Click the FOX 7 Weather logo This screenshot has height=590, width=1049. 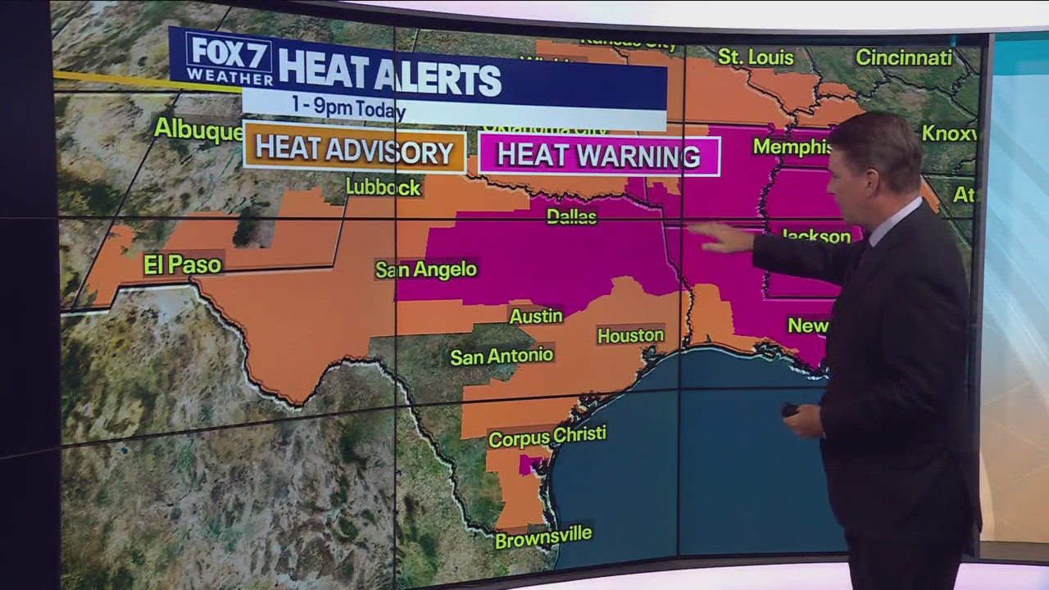pyautogui.click(x=229, y=59)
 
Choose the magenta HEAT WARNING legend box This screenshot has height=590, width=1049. pyautogui.click(x=598, y=156)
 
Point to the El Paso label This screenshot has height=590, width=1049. pyautogui.click(x=182, y=265)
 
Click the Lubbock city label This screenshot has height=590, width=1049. pyautogui.click(x=383, y=187)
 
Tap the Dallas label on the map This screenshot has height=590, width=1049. pyautogui.click(x=571, y=216)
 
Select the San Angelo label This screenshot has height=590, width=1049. pyautogui.click(x=425, y=269)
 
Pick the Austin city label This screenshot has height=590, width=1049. pyautogui.click(x=536, y=315)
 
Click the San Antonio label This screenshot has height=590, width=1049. pyautogui.click(x=502, y=356)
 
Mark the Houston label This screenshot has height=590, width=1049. pyautogui.click(x=630, y=335)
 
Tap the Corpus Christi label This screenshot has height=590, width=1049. pyautogui.click(x=547, y=436)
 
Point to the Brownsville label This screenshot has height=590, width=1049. pyautogui.click(x=543, y=537)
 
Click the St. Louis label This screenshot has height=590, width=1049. pyautogui.click(x=755, y=57)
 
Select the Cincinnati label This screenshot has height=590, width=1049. pyautogui.click(x=903, y=57)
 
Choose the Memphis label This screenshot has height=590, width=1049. pyautogui.click(x=792, y=146)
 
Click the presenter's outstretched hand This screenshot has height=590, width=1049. pyautogui.click(x=721, y=238)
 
